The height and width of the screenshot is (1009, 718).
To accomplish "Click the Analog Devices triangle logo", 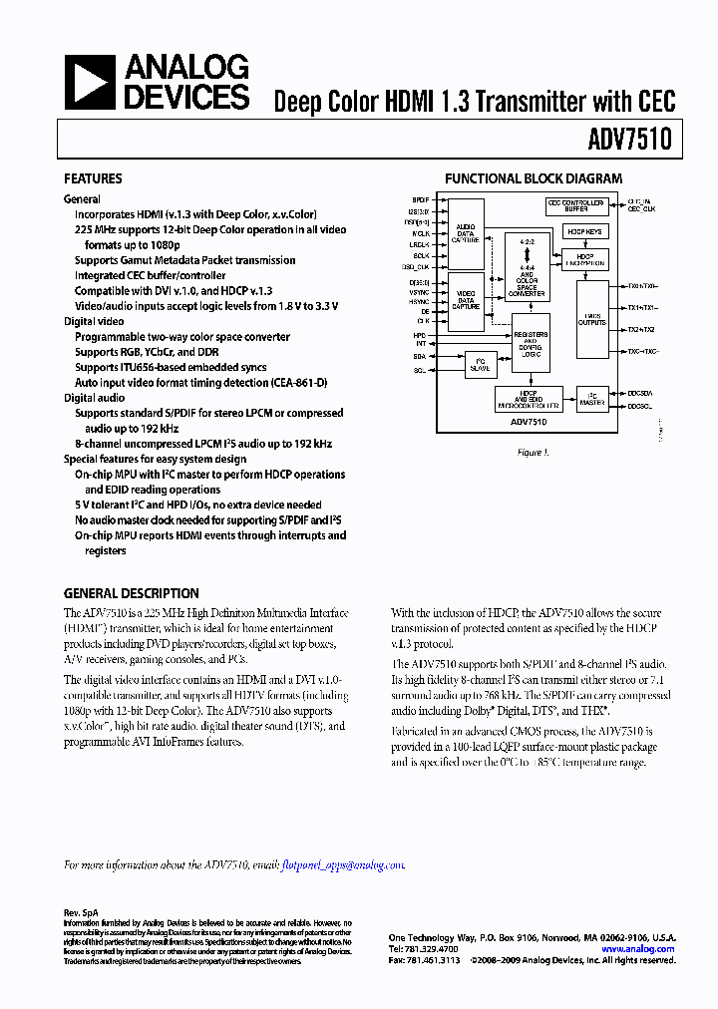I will pyautogui.click(x=89, y=82).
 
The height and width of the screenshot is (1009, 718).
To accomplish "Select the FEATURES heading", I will pyautogui.click(x=93, y=179).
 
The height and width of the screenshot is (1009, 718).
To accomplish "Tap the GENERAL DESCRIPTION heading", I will pyautogui.click(x=131, y=593).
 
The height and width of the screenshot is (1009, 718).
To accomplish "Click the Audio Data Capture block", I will pyautogui.click(x=466, y=235).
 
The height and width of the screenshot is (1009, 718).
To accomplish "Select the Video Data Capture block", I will pyautogui.click(x=466, y=300).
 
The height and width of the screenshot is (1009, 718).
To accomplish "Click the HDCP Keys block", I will pyautogui.click(x=585, y=230).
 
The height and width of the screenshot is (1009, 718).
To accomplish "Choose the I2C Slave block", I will pyautogui.click(x=479, y=366).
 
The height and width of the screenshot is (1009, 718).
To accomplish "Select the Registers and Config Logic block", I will pyautogui.click(x=530, y=344).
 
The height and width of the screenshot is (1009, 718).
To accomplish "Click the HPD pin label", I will pyautogui.click(x=420, y=335).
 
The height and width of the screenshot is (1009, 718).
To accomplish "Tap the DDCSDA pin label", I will pyautogui.click(x=640, y=394).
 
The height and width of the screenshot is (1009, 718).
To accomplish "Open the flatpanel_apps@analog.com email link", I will pyautogui.click(x=343, y=865).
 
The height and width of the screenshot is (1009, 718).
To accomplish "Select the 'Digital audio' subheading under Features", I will pyautogui.click(x=95, y=398).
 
